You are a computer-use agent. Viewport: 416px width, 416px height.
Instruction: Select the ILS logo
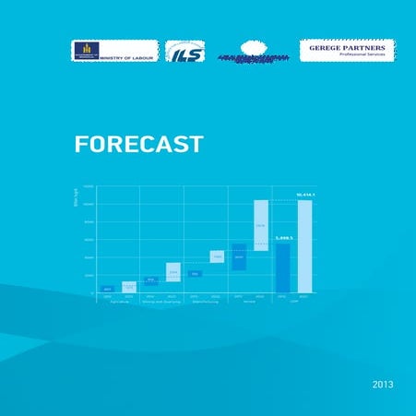(184, 52)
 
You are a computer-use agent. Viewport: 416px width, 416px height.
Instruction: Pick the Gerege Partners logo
(347, 50)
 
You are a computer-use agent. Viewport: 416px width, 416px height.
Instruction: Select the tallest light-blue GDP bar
(304, 246)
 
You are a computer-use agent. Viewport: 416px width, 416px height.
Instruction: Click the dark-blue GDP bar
(283, 267)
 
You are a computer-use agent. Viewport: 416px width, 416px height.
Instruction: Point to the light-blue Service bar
(260, 225)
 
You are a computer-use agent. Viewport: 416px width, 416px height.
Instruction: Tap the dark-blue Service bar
(239, 257)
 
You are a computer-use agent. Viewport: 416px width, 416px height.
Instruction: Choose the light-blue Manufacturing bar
(217, 256)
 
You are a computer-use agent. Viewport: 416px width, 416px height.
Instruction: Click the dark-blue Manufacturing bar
(196, 274)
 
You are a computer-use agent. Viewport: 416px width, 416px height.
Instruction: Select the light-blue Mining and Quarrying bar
(172, 272)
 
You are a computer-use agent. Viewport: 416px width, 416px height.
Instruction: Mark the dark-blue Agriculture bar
(107, 289)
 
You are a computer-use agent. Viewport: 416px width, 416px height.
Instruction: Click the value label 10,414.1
(305, 195)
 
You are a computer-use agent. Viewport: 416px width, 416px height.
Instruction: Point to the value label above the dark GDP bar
(283, 238)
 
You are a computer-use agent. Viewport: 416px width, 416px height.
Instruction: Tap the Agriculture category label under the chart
(118, 302)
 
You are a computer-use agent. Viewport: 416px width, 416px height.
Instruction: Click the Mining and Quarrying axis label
(161, 302)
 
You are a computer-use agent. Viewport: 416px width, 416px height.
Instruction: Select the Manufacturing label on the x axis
(206, 302)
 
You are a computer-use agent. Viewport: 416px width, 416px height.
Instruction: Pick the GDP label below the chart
(293, 302)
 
